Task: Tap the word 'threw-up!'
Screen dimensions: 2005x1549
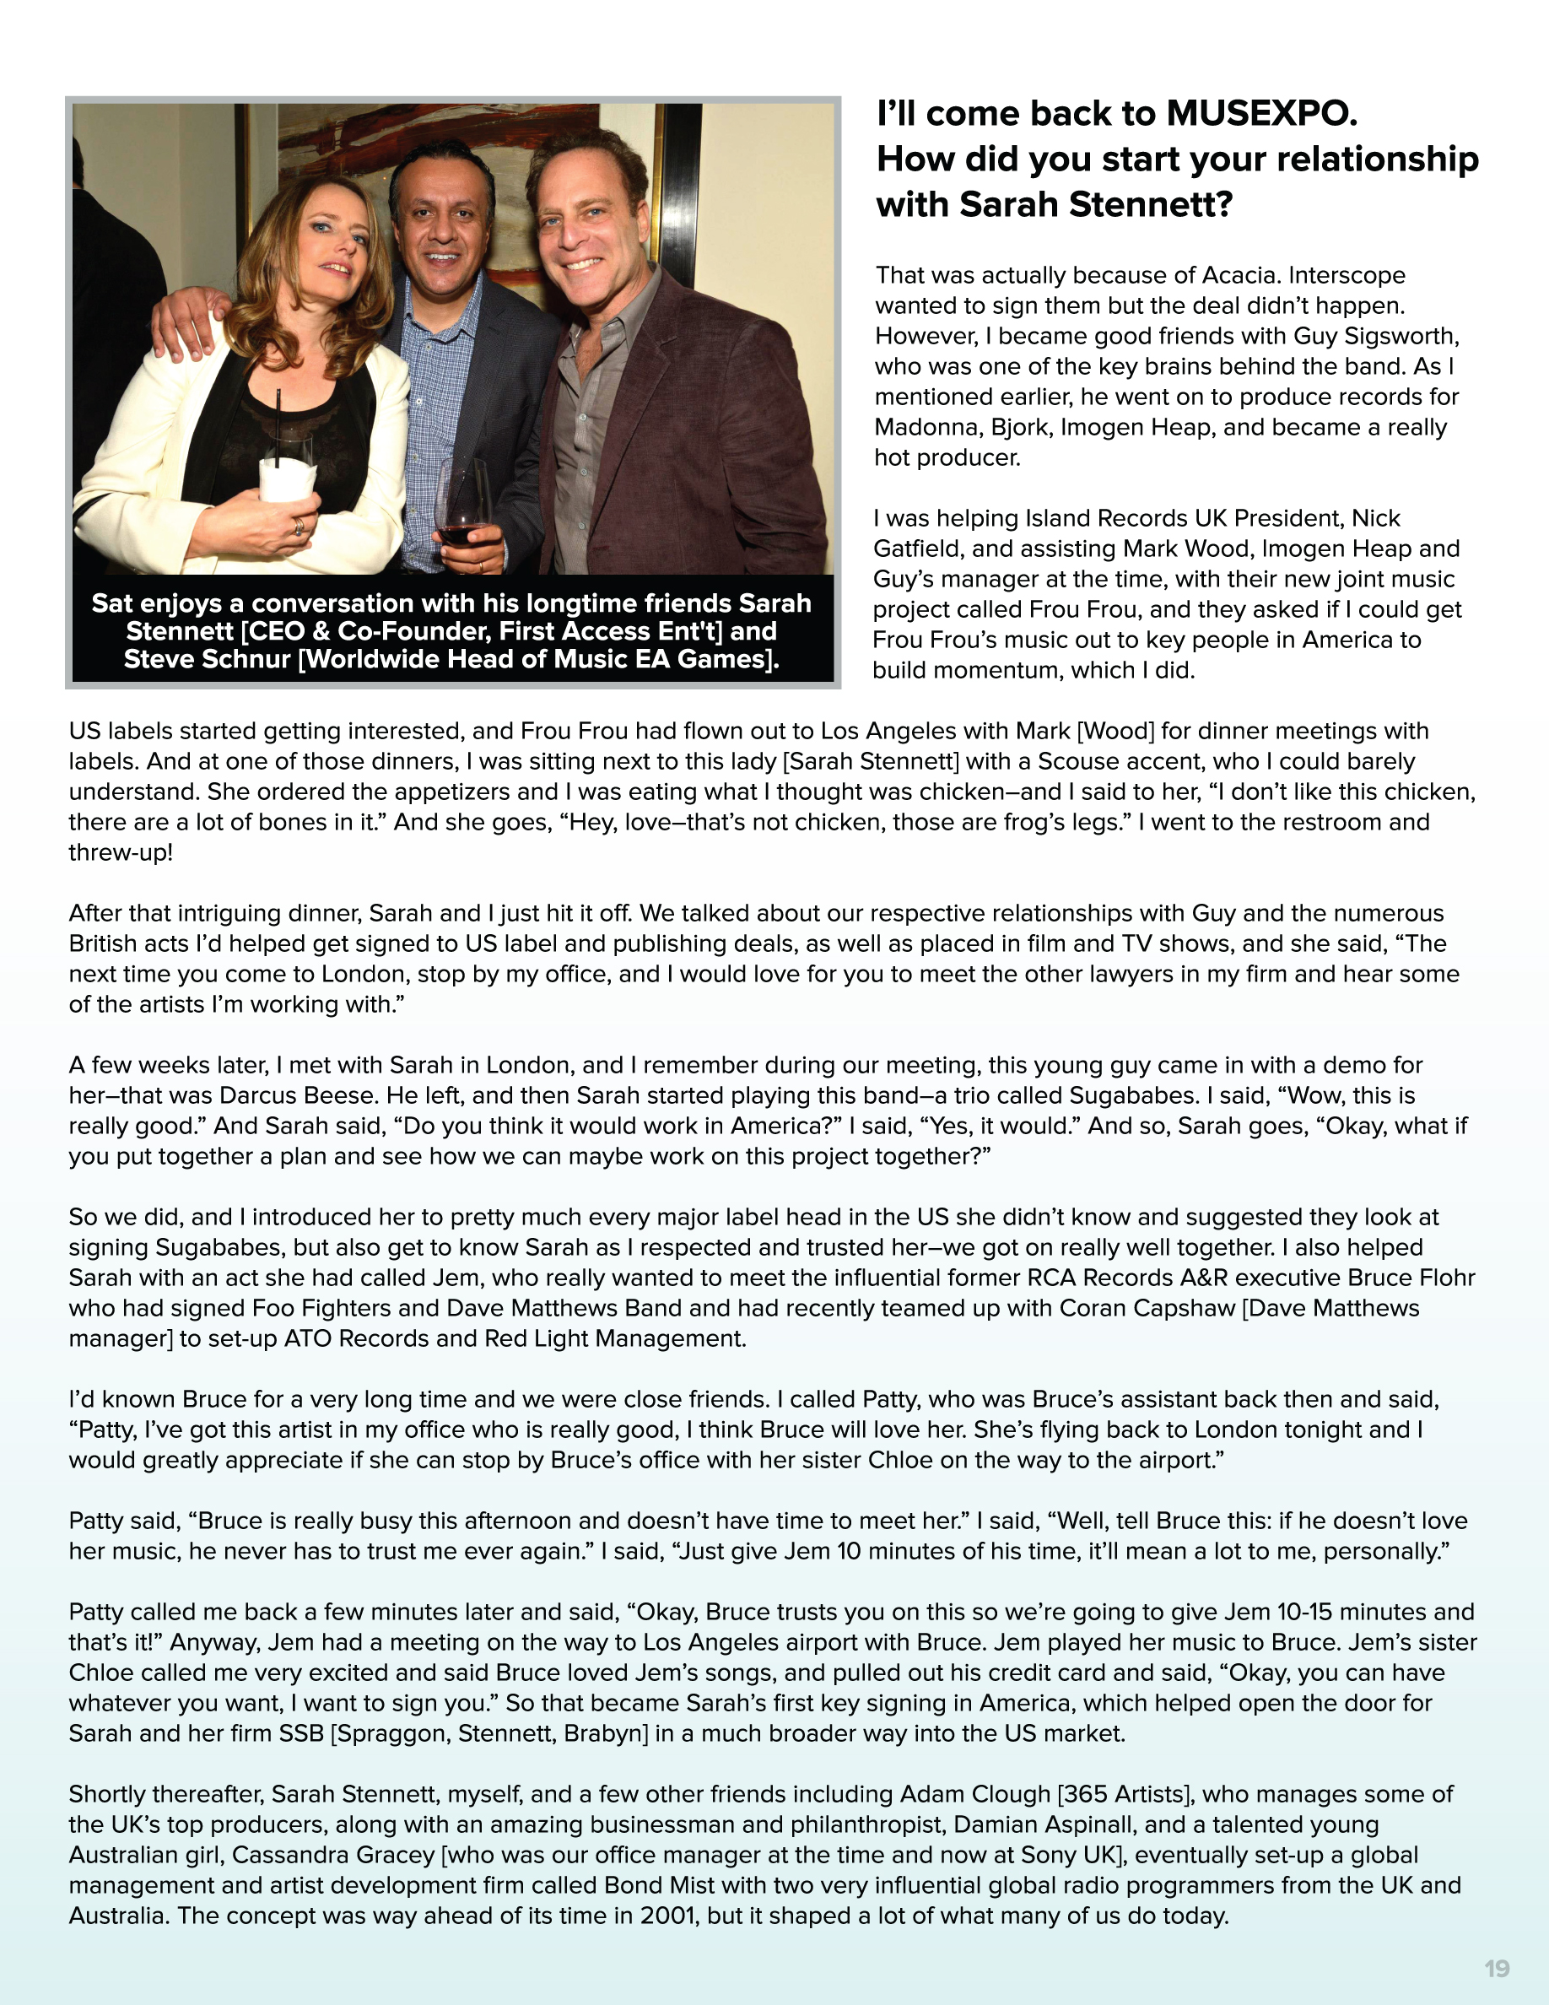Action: point(120,852)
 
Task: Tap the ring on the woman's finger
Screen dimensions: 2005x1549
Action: point(298,526)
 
